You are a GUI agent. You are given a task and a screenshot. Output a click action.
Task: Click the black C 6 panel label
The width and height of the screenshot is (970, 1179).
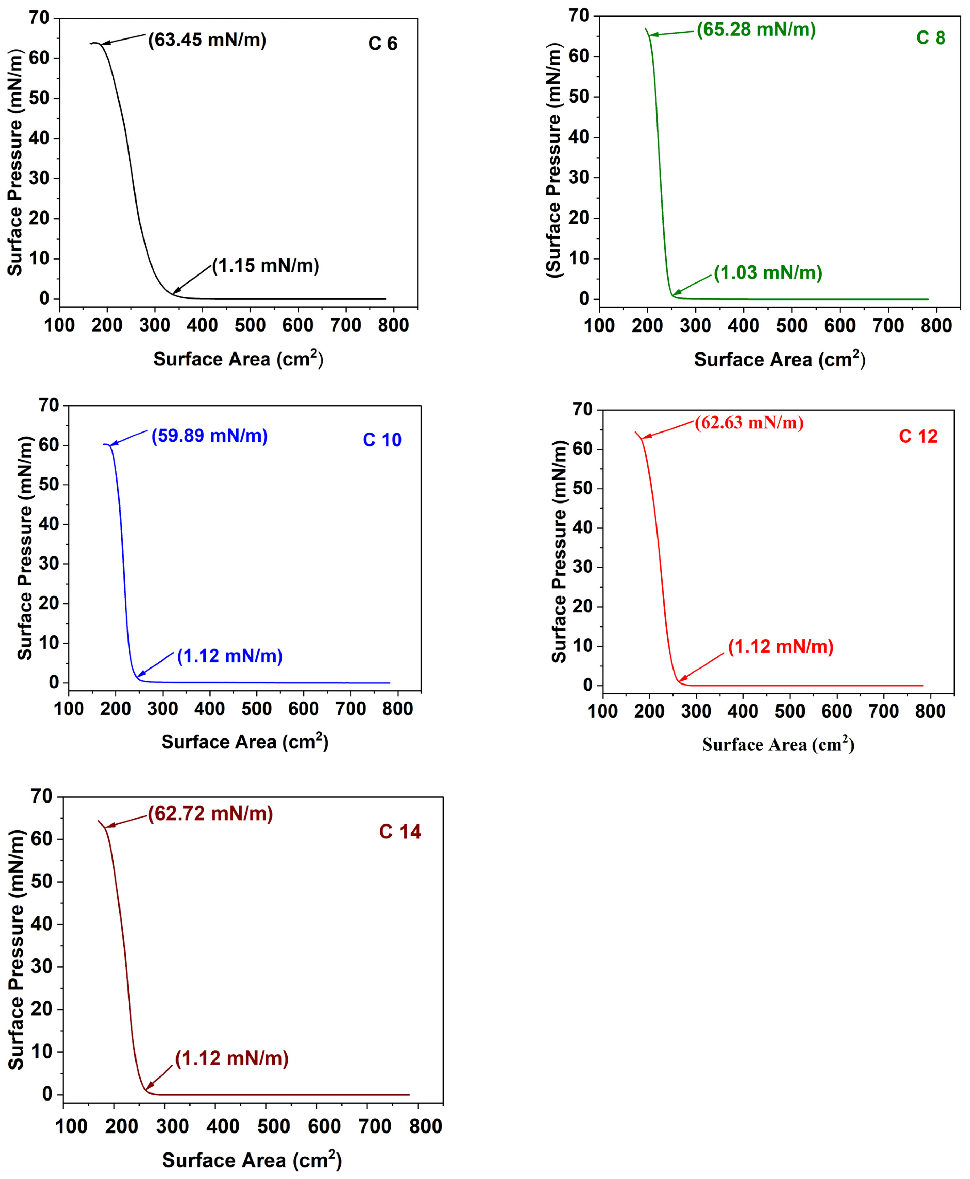pyautogui.click(x=383, y=44)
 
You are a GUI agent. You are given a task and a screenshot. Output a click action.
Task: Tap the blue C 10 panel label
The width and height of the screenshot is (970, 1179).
pyautogui.click(x=382, y=440)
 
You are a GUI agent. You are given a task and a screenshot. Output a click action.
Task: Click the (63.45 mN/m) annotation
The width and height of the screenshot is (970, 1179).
pyautogui.click(x=207, y=40)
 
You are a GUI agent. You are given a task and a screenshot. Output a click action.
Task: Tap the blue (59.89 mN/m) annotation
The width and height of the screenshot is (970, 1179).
pyautogui.click(x=210, y=436)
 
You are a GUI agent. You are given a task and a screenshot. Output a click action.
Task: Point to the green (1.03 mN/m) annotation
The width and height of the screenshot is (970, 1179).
pyautogui.click(x=768, y=273)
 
